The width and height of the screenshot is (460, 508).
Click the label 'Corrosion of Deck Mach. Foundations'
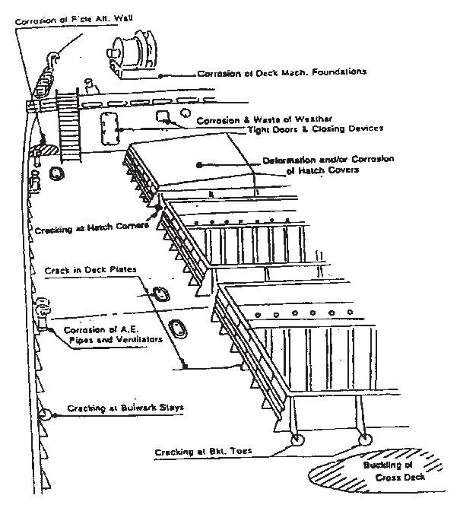(282, 74)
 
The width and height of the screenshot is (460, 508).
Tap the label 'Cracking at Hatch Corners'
(82, 228)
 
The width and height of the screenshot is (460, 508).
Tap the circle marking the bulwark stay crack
(44, 415)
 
